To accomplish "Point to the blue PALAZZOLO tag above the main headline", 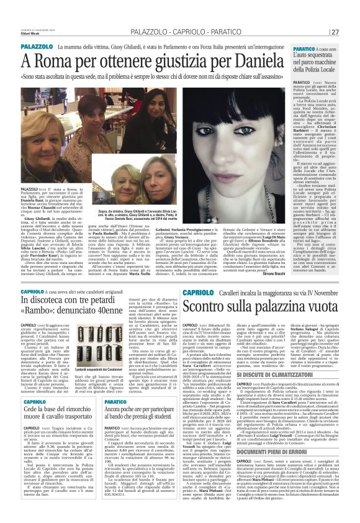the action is point(37,47).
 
